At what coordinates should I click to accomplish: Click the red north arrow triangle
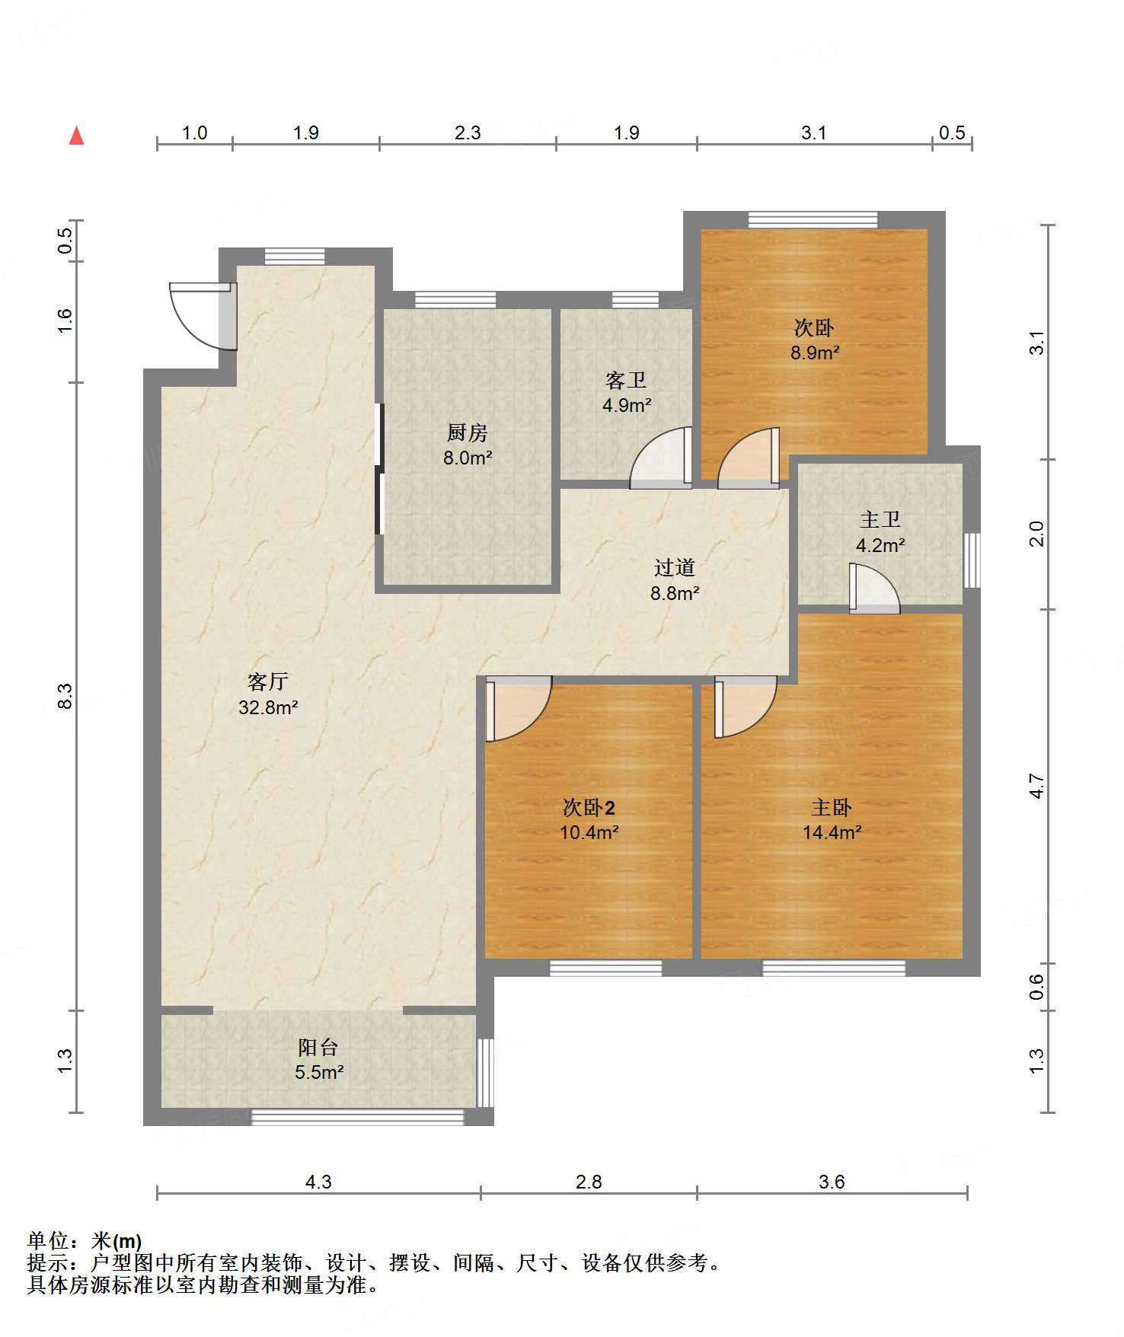(76, 136)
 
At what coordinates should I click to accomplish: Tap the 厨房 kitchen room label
(467, 433)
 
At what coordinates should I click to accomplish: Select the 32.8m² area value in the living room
(268, 707)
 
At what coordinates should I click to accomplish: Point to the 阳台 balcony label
(318, 1047)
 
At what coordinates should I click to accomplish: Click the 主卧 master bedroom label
(832, 807)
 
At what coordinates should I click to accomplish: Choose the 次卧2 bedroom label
(589, 807)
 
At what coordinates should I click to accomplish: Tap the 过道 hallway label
(675, 567)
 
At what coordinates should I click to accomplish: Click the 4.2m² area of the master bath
(880, 545)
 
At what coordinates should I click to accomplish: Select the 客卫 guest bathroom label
(626, 380)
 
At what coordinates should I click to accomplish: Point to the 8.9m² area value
(815, 353)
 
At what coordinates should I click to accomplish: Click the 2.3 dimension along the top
(468, 133)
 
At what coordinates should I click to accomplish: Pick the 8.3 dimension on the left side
(65, 697)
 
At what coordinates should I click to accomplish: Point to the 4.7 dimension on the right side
(1037, 786)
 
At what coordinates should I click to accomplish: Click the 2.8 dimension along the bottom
(589, 1182)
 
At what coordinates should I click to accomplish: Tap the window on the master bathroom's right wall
(972, 560)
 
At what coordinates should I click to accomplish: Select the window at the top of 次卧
(813, 220)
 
